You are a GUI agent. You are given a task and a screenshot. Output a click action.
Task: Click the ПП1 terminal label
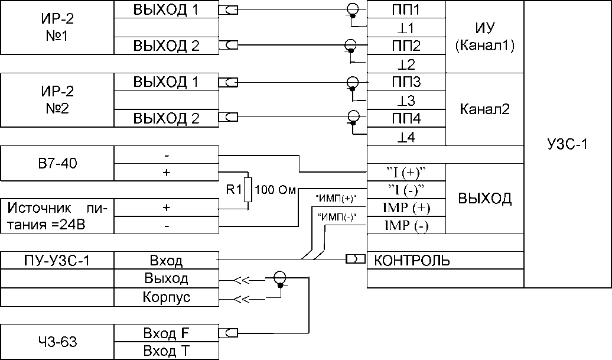coord(406,10)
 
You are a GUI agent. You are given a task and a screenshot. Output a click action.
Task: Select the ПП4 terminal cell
coord(406,119)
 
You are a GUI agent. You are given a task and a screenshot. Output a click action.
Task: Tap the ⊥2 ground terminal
coord(406,64)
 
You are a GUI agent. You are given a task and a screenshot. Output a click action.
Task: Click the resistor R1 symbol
coord(249,191)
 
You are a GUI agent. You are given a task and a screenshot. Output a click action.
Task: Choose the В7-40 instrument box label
coord(57,164)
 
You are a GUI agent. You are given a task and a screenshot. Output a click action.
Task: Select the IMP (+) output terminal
coord(406,208)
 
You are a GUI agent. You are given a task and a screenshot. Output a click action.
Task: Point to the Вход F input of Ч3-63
coord(166,332)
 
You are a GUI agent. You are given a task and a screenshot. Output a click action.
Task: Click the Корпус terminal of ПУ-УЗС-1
coord(166,297)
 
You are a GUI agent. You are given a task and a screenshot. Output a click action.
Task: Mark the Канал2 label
coord(484,109)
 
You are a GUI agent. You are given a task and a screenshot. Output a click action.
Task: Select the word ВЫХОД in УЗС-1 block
coord(484,199)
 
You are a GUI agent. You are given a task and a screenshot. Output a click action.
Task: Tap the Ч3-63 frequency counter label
coord(57,342)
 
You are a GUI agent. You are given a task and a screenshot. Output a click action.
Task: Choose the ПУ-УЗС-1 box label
coord(57,260)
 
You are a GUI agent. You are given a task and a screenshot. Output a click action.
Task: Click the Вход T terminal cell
coord(166,351)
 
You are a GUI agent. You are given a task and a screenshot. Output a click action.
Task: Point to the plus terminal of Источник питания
coord(166,208)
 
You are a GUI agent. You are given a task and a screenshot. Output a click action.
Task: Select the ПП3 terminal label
coord(406,82)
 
